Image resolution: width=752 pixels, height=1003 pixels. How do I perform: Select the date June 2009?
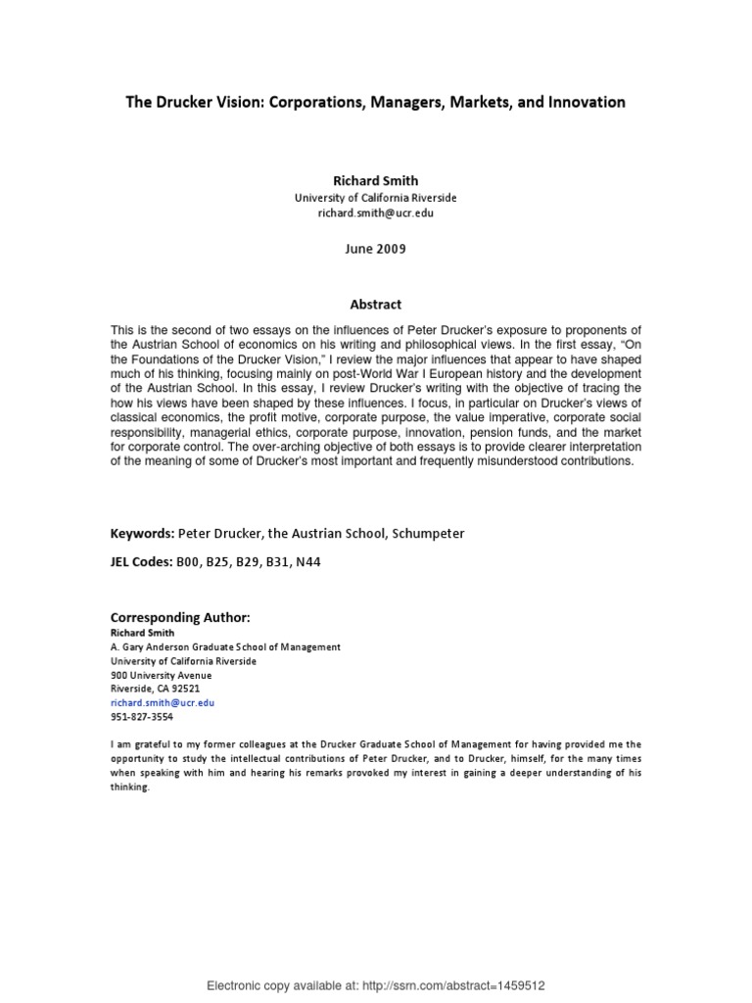pyautogui.click(x=376, y=249)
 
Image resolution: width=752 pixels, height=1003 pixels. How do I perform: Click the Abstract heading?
pyautogui.click(x=376, y=305)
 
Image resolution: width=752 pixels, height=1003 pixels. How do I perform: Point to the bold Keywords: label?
pyautogui.click(x=142, y=534)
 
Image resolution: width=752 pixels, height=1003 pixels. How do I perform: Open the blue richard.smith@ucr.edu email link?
pyautogui.click(x=162, y=703)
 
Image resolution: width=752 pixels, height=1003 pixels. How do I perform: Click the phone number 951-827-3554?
pyautogui.click(x=142, y=717)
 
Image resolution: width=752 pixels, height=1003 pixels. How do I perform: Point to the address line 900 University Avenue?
pyautogui.click(x=161, y=676)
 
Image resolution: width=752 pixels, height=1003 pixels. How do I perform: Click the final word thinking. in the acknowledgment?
pyautogui.click(x=130, y=788)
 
